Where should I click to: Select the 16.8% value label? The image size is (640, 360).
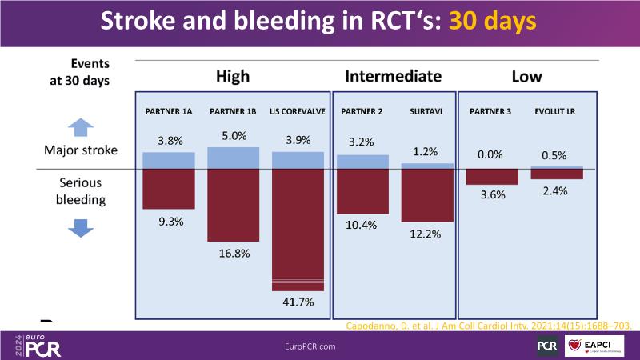coord(233,254)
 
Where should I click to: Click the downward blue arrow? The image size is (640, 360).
coord(78,227)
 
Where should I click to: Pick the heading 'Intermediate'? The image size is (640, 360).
coord(393,77)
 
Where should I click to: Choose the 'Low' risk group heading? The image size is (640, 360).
coord(526,77)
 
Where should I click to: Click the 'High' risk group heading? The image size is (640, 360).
coord(233,77)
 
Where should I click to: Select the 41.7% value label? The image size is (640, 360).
coord(298,302)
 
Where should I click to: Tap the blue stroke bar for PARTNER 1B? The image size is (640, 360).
coord(233,158)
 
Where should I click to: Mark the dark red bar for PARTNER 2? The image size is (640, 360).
coord(362,192)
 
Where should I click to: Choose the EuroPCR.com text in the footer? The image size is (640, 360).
coord(310,346)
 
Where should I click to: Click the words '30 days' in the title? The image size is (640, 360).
coord(491,22)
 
